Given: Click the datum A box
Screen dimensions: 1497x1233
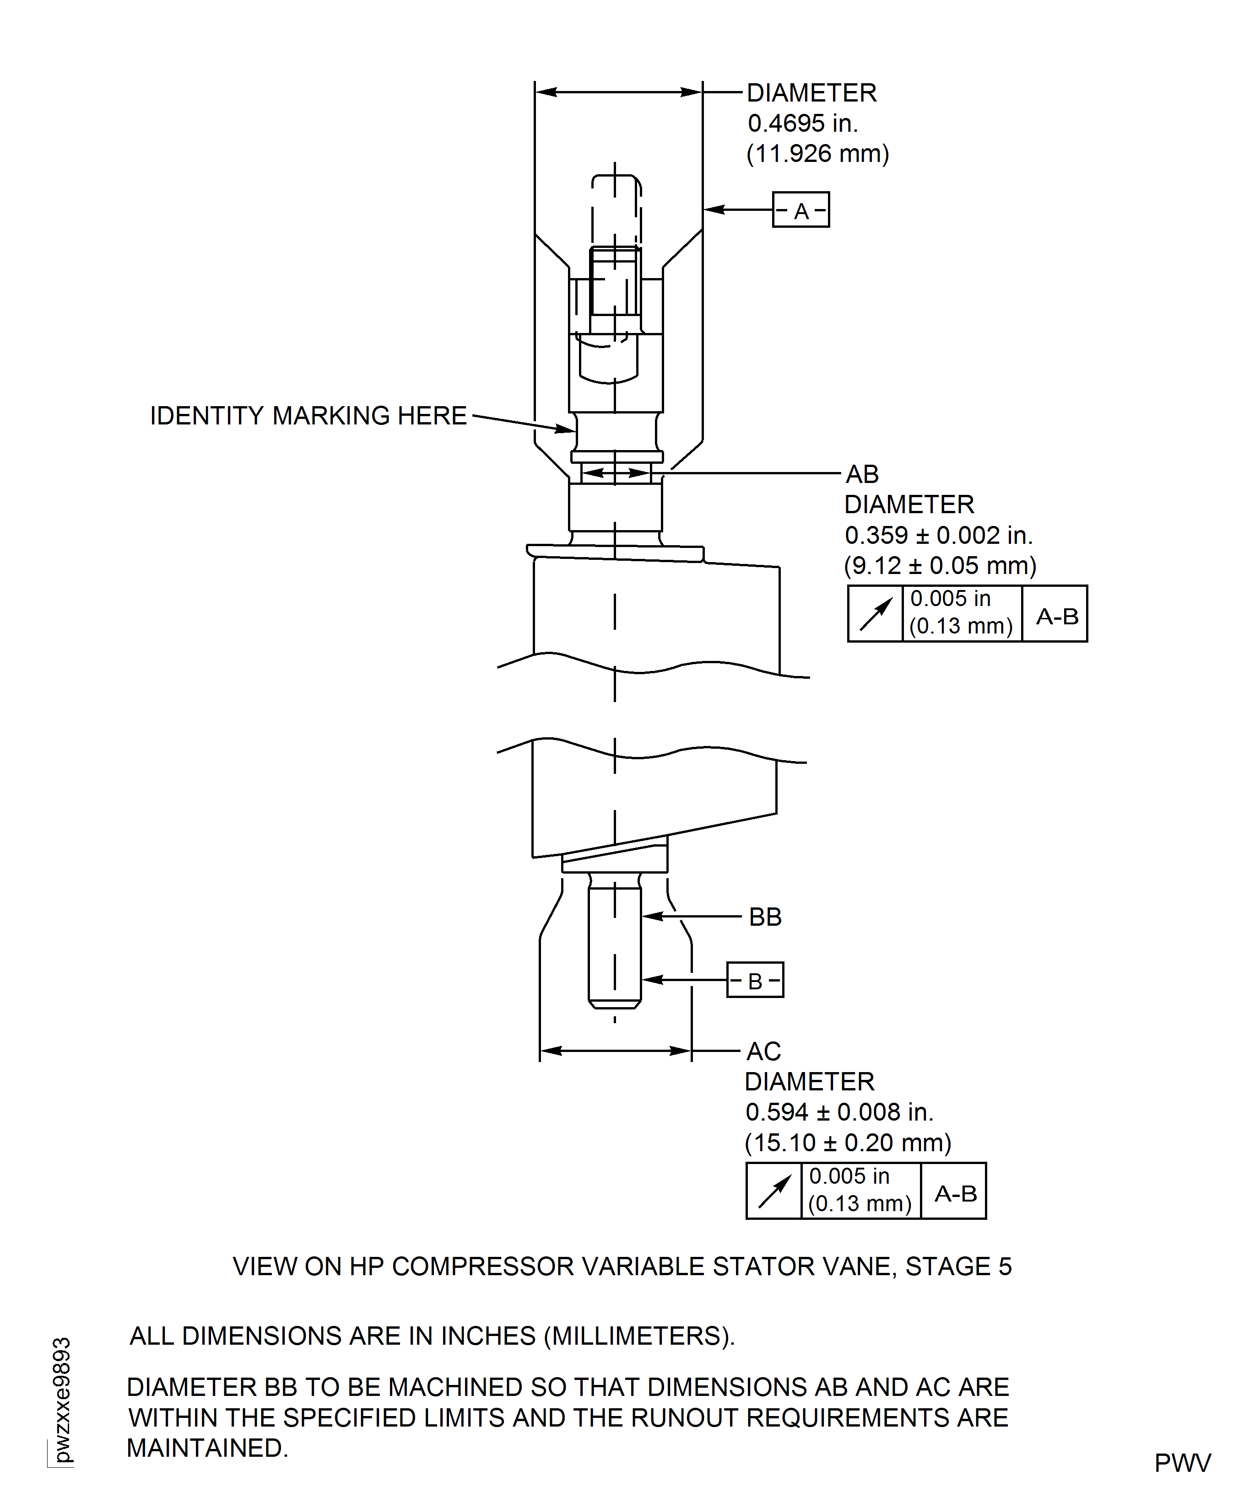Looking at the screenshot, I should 800,210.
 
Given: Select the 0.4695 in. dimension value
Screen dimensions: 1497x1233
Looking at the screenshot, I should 803,123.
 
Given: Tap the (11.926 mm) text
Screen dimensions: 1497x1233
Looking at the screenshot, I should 817,154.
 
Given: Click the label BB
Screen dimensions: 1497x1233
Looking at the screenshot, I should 765,917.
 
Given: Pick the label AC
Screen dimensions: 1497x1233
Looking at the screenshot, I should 763,1051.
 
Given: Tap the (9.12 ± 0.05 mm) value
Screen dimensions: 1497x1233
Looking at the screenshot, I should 940,566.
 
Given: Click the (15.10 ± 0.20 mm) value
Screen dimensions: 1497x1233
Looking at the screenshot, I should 847,1143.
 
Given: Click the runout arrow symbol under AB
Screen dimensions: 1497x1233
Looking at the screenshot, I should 875,614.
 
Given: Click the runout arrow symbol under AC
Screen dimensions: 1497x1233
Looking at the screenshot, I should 773,1191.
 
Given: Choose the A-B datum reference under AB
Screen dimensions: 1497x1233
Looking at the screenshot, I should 1057,616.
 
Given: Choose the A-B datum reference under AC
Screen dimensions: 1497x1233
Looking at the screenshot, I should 955,1193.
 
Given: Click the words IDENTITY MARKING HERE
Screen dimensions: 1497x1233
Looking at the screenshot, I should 308,416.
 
